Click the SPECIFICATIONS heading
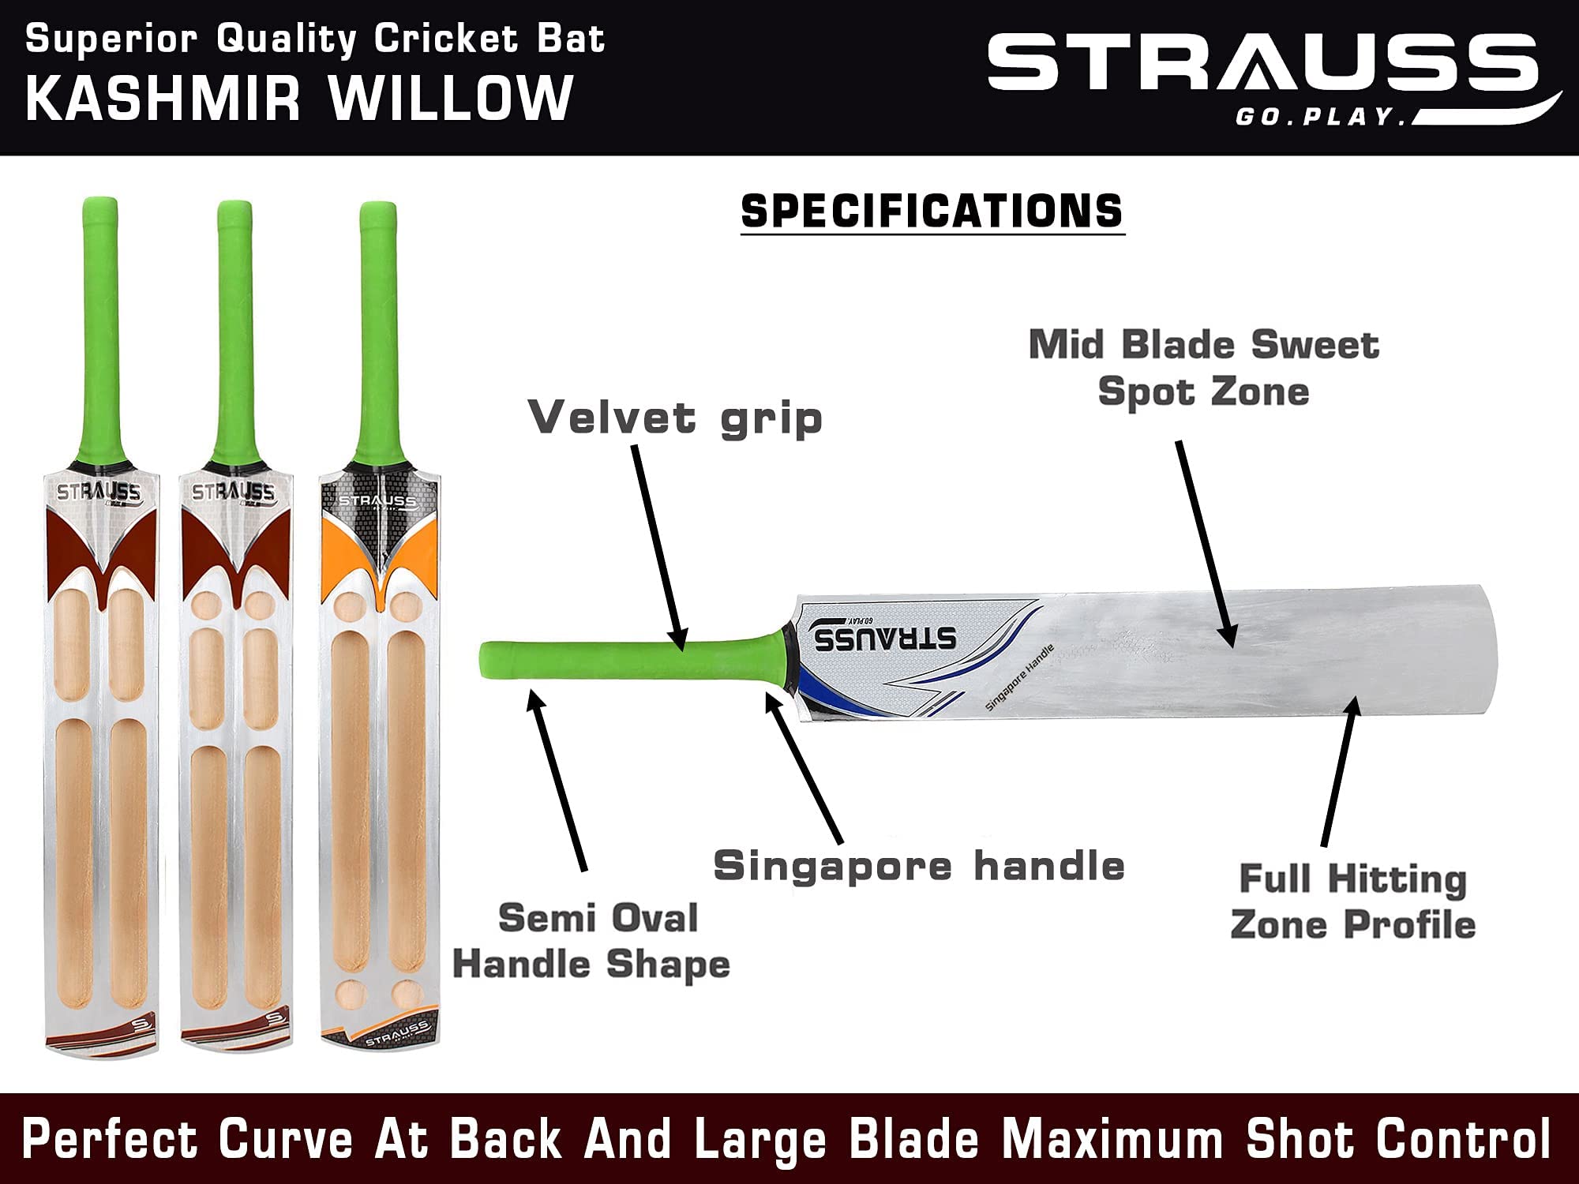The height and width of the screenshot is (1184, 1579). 932,212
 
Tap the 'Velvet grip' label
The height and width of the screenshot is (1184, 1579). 675,418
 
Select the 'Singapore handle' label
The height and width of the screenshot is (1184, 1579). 918,866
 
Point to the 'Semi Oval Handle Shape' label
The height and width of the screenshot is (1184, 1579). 592,941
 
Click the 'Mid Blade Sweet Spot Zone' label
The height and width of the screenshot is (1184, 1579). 1203,368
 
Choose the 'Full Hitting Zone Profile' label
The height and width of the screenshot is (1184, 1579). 1352,901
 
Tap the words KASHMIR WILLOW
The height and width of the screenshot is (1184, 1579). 300,99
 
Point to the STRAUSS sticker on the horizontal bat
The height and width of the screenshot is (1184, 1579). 884,637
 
